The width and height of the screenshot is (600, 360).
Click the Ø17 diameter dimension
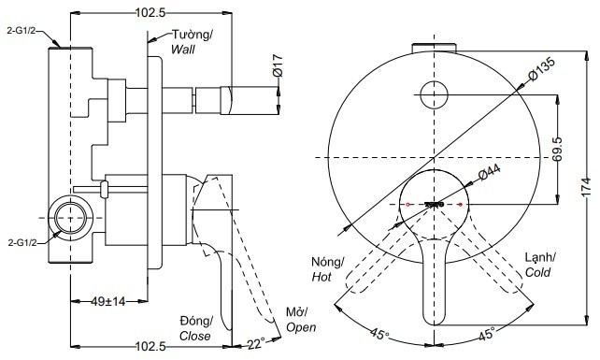(x=279, y=65)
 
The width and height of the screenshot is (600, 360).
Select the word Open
(x=301, y=327)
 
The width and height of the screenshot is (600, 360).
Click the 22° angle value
(x=256, y=342)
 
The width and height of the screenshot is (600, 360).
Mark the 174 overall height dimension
(x=586, y=186)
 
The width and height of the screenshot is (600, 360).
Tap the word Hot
(x=322, y=277)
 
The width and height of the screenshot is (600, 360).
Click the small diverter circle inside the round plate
(x=435, y=94)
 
